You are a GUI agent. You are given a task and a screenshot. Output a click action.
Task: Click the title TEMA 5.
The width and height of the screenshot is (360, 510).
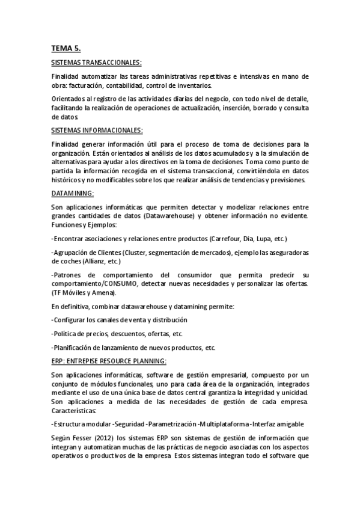pos(66,48)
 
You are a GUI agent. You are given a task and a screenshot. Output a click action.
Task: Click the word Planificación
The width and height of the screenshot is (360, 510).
pos(76,348)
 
